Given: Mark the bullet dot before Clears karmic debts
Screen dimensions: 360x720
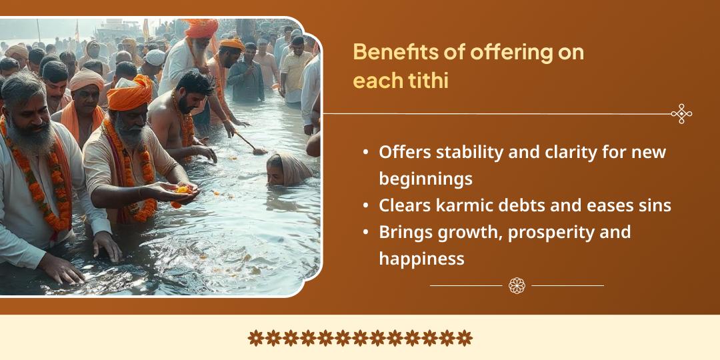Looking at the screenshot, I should pyautogui.click(x=365, y=205).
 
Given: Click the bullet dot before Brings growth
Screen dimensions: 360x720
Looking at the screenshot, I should pyautogui.click(x=365, y=232).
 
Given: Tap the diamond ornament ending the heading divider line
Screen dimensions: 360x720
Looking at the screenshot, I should pyautogui.click(x=681, y=114).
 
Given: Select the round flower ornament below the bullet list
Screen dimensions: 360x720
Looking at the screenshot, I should pyautogui.click(x=517, y=285).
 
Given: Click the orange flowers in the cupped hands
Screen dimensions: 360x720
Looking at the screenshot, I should pyautogui.click(x=182, y=190).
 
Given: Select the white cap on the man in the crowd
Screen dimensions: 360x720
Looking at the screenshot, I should pyautogui.click(x=155, y=57).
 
